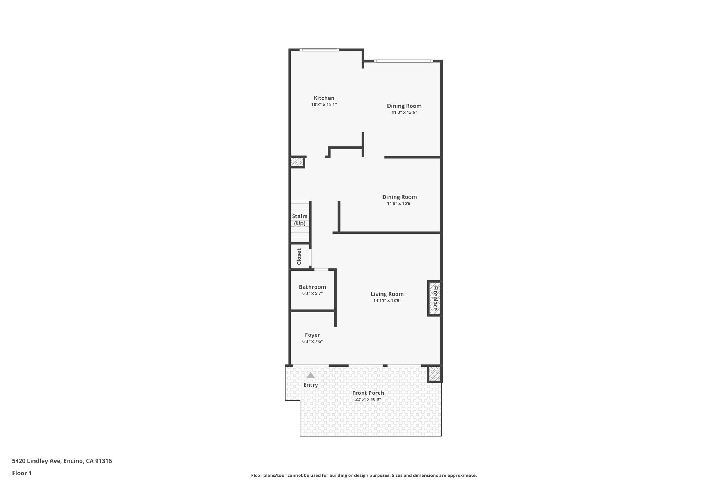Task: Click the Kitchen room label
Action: [x=324, y=98]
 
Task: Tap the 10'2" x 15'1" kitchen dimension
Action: [x=324, y=105]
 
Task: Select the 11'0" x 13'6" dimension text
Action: [x=404, y=112]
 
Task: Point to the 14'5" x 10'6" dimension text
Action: [x=400, y=204]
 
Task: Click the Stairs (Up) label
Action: [x=300, y=220]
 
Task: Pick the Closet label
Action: [x=299, y=257]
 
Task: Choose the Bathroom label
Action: [x=312, y=287]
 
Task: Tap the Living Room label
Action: [x=387, y=294]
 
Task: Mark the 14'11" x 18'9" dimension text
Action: [x=387, y=301]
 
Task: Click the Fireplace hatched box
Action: [x=435, y=298]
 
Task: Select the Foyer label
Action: [x=312, y=335]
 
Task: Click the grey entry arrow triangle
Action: [x=311, y=375]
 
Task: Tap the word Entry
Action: [x=311, y=385]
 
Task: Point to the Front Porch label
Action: [x=368, y=393]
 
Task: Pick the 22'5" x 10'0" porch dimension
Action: [x=368, y=399]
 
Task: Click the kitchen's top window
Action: [x=319, y=50]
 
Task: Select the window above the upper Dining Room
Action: [x=403, y=61]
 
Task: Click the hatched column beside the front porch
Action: [x=435, y=373]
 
